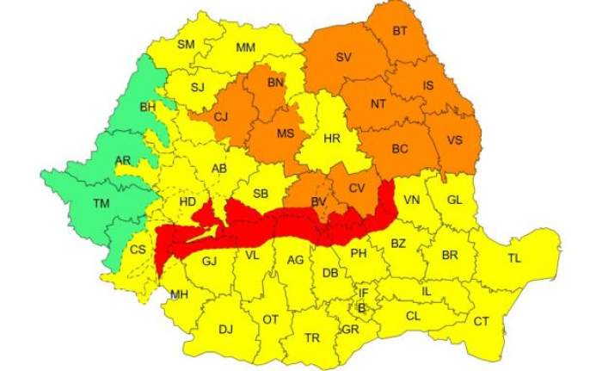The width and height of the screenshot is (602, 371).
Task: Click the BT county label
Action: pyautogui.click(x=400, y=32)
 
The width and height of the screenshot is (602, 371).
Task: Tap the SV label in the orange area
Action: pyautogui.click(x=344, y=58)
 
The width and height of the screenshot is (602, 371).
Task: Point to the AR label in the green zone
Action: pyautogui.click(x=123, y=161)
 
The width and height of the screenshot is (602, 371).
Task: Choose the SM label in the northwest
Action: pyautogui.click(x=187, y=45)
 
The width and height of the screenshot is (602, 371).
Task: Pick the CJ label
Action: pyautogui.click(x=221, y=117)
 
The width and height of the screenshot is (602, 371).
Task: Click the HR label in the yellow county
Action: pyautogui.click(x=332, y=138)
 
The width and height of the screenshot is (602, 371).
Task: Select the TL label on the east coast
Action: pyautogui.click(x=514, y=258)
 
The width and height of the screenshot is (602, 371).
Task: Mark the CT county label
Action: pyautogui.click(x=482, y=321)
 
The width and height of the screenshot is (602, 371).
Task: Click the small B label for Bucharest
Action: pyautogui.click(x=362, y=307)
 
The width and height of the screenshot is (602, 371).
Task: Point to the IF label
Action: pyautogui.click(x=363, y=294)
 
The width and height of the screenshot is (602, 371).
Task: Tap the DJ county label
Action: pyautogui.click(x=225, y=329)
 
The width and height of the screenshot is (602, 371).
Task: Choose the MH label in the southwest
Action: pyautogui.click(x=179, y=294)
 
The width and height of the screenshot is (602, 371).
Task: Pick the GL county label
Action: pyautogui.click(x=456, y=200)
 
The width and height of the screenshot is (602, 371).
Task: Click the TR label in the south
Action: pyautogui.click(x=312, y=337)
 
